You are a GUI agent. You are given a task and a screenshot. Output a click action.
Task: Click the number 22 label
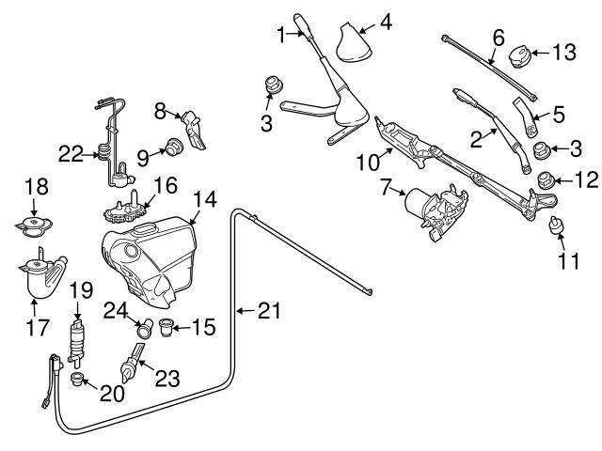click(x=70, y=153)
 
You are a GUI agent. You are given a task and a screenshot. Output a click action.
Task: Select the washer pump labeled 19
click(x=77, y=337)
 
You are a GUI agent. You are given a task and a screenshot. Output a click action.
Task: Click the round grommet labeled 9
click(x=173, y=146)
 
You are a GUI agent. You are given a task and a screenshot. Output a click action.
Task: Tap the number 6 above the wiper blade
click(x=499, y=38)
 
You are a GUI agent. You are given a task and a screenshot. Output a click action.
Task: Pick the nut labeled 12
click(x=546, y=180)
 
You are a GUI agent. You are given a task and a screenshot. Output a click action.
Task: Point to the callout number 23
click(x=166, y=379)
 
